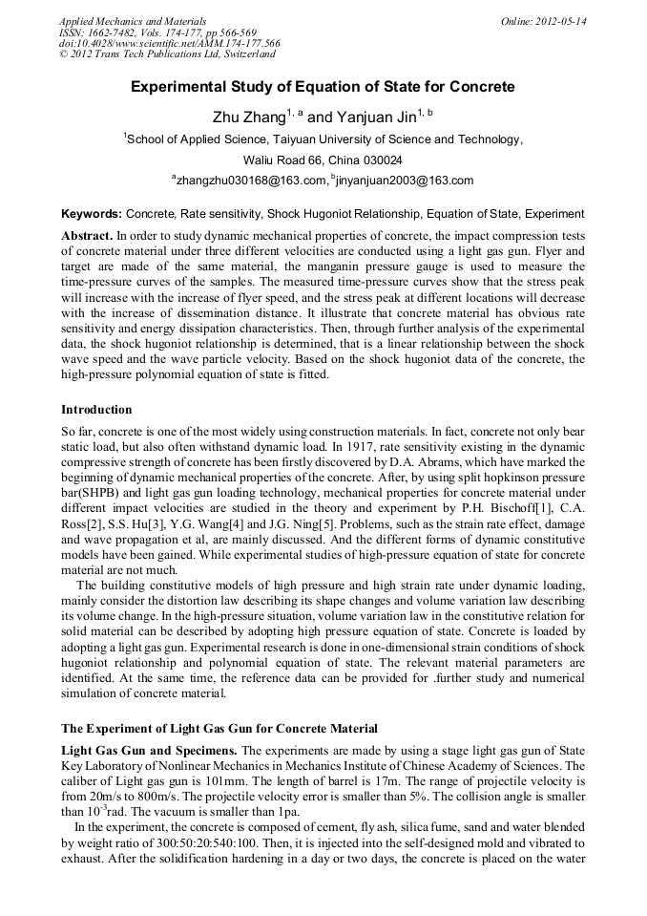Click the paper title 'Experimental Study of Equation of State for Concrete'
pos(323,87)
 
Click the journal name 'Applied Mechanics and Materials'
pos(133,21)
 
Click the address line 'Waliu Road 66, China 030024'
pos(323,160)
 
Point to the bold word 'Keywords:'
pos(92,214)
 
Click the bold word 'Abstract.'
pos(87,235)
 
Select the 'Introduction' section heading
pos(96,410)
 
